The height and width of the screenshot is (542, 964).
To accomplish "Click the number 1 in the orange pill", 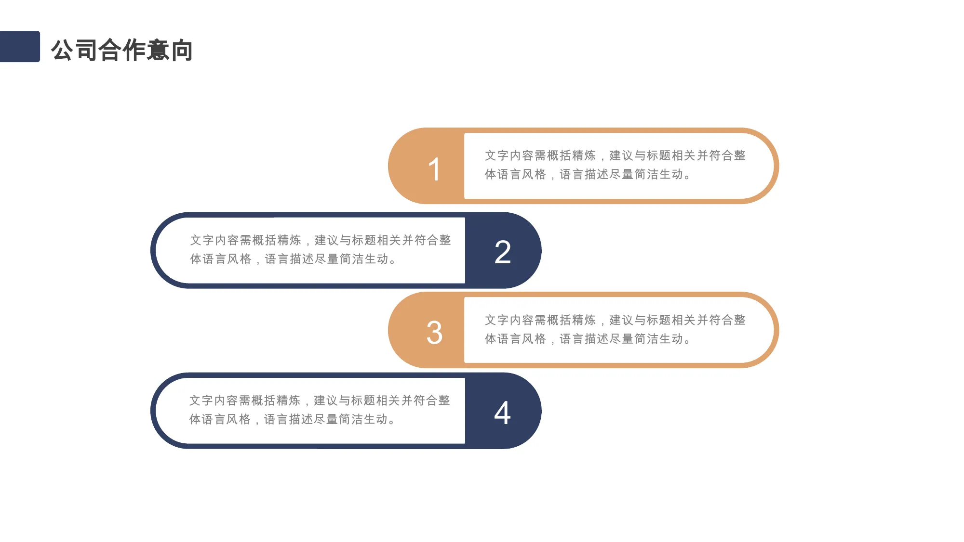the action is (434, 169).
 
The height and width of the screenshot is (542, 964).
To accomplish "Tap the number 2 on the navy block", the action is (503, 252).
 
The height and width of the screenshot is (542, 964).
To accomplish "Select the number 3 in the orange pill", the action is (434, 333).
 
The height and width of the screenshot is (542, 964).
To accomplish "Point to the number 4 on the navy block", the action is (502, 413).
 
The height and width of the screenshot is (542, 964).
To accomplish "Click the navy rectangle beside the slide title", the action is (20, 46).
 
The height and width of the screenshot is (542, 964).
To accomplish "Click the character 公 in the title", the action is (63, 50).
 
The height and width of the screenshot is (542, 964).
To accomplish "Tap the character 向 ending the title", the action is (182, 50).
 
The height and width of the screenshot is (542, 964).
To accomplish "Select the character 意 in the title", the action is (158, 50).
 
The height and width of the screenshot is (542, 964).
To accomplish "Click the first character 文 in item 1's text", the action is (490, 155).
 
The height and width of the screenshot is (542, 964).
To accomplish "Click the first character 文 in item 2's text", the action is (196, 240).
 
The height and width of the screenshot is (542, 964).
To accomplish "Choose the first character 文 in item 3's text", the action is (490, 320).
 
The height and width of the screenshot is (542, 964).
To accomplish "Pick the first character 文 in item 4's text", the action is (195, 400).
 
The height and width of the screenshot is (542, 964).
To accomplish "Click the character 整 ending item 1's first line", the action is (740, 155).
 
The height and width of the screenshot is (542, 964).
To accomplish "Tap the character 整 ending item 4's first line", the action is (444, 400).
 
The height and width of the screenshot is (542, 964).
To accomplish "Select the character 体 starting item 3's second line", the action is (490, 339).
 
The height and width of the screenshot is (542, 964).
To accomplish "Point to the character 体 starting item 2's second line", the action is (196, 259).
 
